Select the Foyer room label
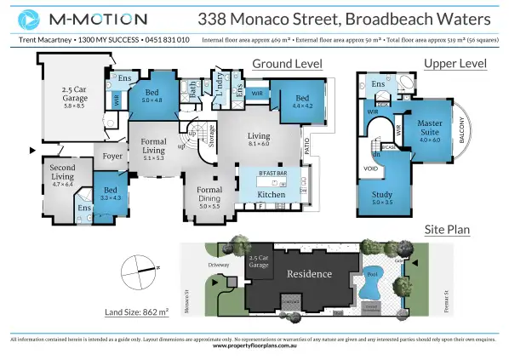(x=112, y=157)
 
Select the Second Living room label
(x=63, y=172)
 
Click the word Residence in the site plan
(x=311, y=275)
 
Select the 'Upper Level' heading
(x=455, y=64)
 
